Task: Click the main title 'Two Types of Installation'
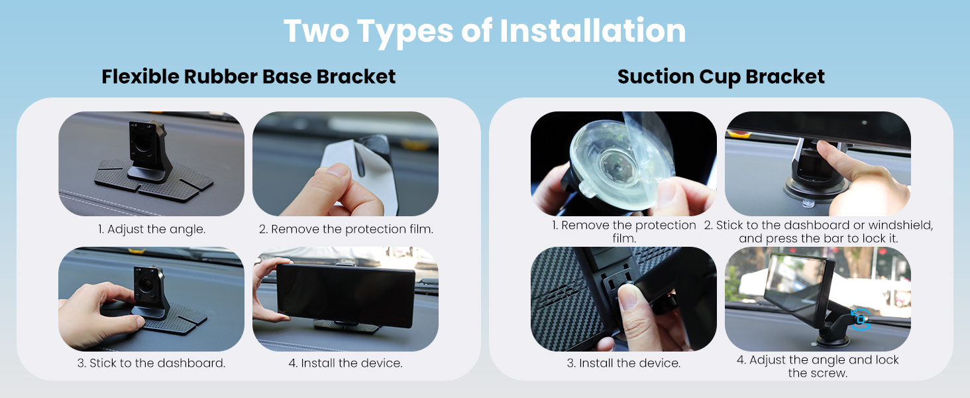[x=484, y=31]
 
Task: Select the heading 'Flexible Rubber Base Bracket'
[x=248, y=77]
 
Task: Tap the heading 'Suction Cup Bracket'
[x=721, y=77]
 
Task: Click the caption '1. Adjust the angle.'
[x=152, y=229]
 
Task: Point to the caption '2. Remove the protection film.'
[x=346, y=229]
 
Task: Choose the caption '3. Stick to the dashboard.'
[x=152, y=363]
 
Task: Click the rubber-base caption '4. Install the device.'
[x=346, y=363]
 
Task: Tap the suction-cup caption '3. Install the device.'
[x=623, y=363]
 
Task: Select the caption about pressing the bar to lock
[x=818, y=232]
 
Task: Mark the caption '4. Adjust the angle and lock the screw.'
[x=818, y=366]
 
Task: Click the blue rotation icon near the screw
[x=861, y=320]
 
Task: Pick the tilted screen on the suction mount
[x=797, y=289]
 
